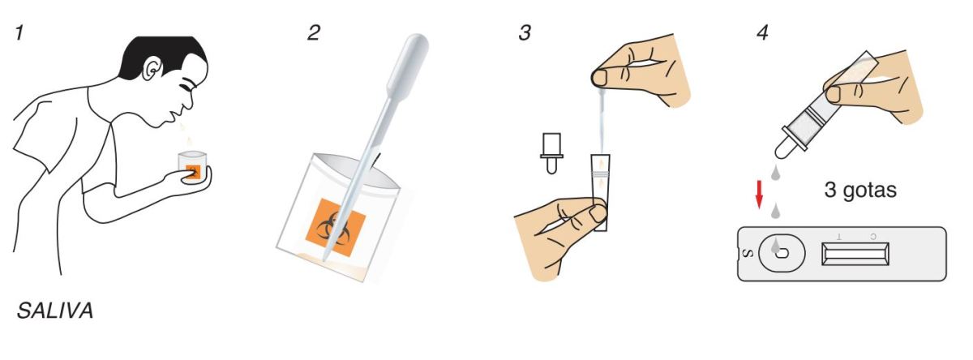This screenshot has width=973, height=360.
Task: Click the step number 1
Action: pyautogui.click(x=19, y=33)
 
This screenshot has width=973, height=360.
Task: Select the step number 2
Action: pyautogui.click(x=314, y=33)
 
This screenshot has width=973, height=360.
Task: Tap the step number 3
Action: pyautogui.click(x=525, y=33)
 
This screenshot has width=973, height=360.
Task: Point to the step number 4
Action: pyautogui.click(x=762, y=33)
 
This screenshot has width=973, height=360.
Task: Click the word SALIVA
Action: pyautogui.click(x=55, y=311)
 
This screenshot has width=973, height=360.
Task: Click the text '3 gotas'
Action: pyautogui.click(x=860, y=191)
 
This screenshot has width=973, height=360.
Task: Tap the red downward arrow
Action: pyautogui.click(x=759, y=195)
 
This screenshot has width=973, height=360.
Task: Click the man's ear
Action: pyautogui.click(x=152, y=69)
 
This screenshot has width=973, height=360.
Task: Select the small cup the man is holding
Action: pyautogui.click(x=192, y=167)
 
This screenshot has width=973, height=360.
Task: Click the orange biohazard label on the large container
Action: pyautogui.click(x=336, y=228)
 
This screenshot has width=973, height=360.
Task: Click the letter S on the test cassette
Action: pyautogui.click(x=748, y=253)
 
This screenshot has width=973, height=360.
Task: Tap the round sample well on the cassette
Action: pyautogui.click(x=782, y=253)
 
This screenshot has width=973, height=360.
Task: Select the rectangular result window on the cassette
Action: pyautogui.click(x=855, y=254)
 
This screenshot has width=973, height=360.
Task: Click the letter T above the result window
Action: pyautogui.click(x=838, y=236)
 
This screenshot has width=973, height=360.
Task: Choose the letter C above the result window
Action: pyautogui.click(x=873, y=236)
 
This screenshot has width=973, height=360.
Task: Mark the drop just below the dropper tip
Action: pyautogui.click(x=776, y=173)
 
